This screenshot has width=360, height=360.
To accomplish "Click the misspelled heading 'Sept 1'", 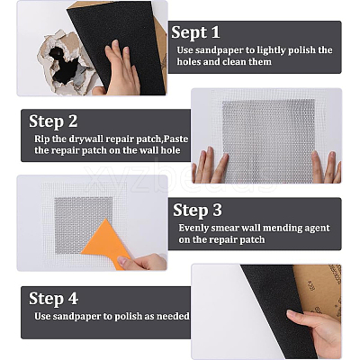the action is click(195, 32).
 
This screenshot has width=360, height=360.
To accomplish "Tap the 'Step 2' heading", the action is click(53, 121).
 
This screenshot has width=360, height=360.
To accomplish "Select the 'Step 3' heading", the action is click(197, 210).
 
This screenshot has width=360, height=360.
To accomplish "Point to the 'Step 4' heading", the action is click(53, 298).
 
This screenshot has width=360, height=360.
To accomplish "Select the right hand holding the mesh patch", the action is click(326, 167).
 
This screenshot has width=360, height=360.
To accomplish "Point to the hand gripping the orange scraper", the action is click(142, 262).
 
